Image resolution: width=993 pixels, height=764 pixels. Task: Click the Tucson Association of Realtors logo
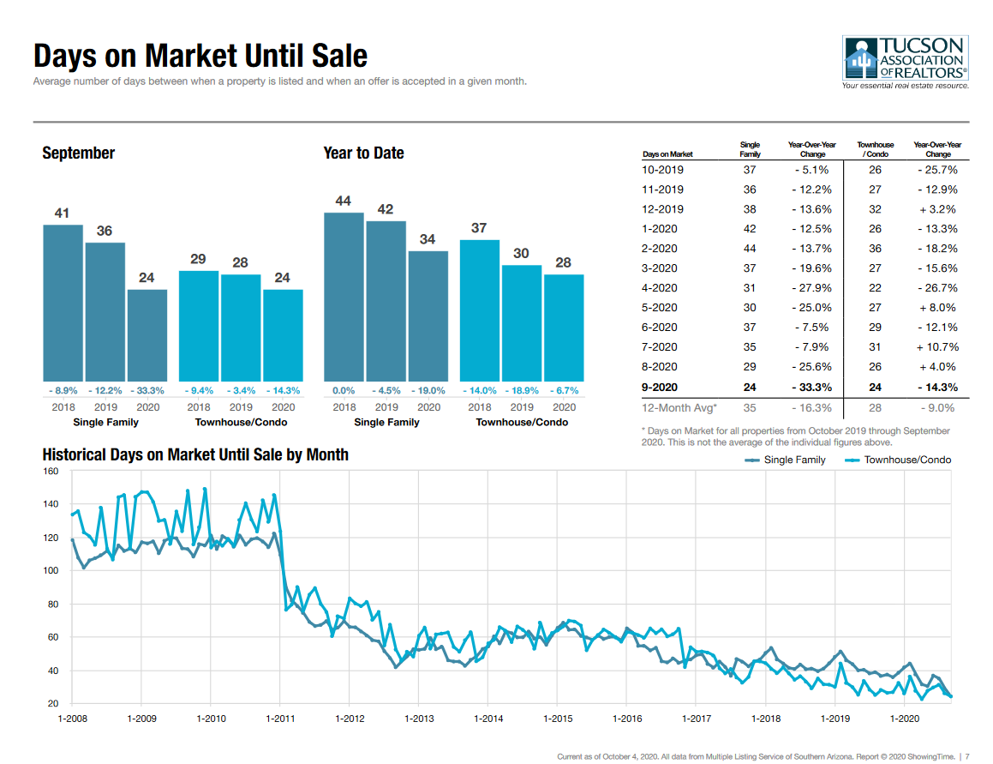[x=905, y=62]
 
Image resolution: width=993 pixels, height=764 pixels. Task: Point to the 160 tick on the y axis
[x=51, y=472]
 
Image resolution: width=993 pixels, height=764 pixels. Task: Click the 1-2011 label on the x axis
[x=279, y=718]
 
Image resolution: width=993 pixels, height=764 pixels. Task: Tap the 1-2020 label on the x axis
[x=905, y=718]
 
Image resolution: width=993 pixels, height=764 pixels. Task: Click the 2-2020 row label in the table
[x=660, y=249]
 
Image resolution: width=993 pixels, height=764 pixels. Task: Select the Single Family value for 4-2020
[x=750, y=288]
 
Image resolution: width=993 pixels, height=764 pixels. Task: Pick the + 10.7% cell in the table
[x=937, y=347]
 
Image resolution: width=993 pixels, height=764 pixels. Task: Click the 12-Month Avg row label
[x=679, y=409]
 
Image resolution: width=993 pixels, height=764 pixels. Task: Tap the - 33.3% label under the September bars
[x=147, y=391]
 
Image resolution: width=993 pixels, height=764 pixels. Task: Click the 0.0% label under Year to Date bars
[x=344, y=391]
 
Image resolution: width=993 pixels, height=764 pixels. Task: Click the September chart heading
[x=78, y=153]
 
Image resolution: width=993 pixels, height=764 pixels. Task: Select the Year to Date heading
[x=363, y=153]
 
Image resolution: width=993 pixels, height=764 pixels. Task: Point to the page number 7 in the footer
[x=967, y=756]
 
